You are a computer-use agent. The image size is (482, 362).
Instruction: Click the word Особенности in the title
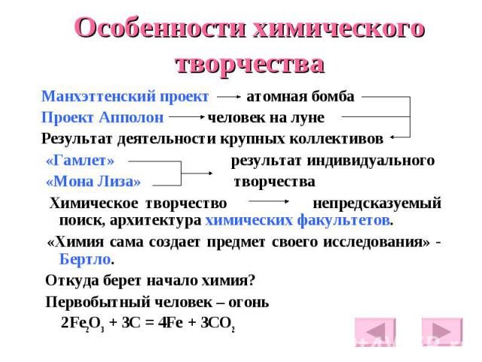point(160,28)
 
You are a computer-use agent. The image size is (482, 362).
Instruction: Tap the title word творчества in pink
point(250,65)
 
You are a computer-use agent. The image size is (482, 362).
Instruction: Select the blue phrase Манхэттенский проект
point(125,97)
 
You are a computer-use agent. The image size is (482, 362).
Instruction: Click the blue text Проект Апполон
point(102,118)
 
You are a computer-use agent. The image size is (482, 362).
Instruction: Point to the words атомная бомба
point(300,97)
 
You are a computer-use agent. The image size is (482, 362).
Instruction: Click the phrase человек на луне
point(266,118)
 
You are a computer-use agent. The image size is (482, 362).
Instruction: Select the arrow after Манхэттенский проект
point(229,97)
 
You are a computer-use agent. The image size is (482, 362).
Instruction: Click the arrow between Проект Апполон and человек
point(187,117)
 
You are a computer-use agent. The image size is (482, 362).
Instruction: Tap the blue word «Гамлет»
point(80,161)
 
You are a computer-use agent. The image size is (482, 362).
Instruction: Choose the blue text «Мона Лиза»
point(93,182)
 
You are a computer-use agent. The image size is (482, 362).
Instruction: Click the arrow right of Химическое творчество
point(269,202)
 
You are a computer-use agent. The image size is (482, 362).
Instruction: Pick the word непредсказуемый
point(377,204)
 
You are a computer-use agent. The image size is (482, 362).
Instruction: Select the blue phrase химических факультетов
point(297,220)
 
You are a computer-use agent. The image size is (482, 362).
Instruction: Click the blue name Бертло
point(85,259)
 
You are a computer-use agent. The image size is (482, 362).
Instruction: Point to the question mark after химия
point(252,281)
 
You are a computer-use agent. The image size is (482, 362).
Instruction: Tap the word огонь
point(249,303)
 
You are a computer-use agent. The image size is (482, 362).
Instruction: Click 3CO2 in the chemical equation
point(218,324)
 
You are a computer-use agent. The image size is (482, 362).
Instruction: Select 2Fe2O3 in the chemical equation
point(82,324)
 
